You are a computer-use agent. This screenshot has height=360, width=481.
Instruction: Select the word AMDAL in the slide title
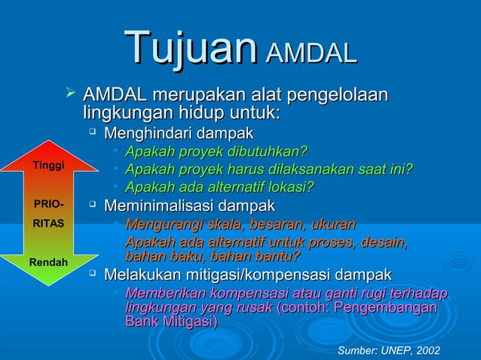coord(310,53)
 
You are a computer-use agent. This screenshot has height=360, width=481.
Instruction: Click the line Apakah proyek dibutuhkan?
coord(216,152)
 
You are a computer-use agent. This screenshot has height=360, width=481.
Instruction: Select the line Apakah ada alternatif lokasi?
coord(219,187)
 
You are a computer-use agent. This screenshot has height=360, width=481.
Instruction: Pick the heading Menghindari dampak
coord(178,134)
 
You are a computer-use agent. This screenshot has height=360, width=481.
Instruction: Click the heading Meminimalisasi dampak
coord(189,206)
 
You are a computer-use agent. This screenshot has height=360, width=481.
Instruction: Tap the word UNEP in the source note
coord(393,350)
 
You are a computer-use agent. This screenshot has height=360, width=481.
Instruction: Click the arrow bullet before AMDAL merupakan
coord(72,94)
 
